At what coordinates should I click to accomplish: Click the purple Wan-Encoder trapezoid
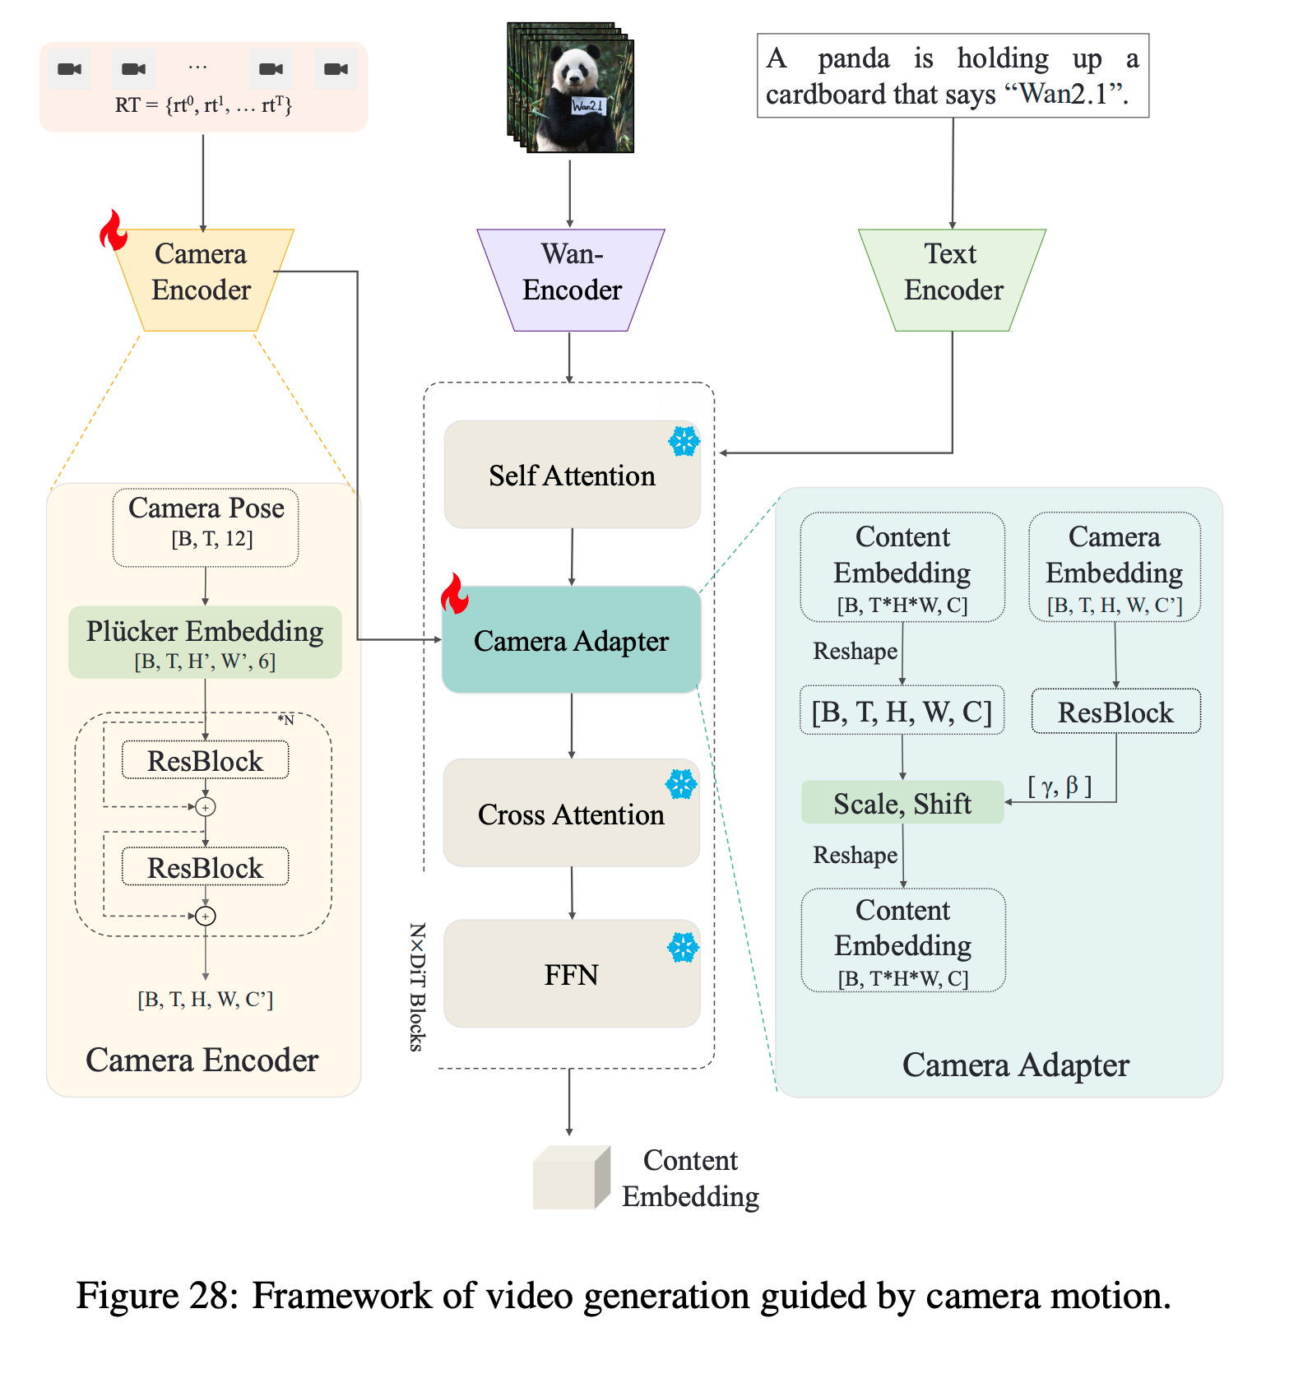[x=571, y=280]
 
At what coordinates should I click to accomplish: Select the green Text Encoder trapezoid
[x=953, y=280]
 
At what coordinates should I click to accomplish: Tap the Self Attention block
[x=572, y=475]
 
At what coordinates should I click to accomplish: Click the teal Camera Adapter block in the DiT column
[x=572, y=640]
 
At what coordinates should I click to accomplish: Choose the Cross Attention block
[x=572, y=813]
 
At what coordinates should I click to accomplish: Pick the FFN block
[x=572, y=974]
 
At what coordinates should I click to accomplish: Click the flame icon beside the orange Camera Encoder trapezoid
[x=114, y=230]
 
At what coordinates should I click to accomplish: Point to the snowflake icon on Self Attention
[x=684, y=442]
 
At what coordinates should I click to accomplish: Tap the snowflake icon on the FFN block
[x=683, y=948]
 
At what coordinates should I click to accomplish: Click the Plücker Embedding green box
[x=205, y=643]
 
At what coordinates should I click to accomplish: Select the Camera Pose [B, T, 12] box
[x=206, y=528]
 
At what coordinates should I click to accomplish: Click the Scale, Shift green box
[x=902, y=803]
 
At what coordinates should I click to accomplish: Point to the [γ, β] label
[x=1060, y=787]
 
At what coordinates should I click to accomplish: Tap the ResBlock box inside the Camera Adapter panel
[x=1116, y=712]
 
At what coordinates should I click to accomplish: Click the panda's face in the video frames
[x=573, y=72]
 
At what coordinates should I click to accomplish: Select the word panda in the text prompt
[x=853, y=59]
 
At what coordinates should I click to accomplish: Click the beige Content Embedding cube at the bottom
[x=571, y=1177]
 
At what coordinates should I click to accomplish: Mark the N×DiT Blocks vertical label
[x=418, y=986]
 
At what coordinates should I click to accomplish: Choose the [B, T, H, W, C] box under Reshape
[x=902, y=711]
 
